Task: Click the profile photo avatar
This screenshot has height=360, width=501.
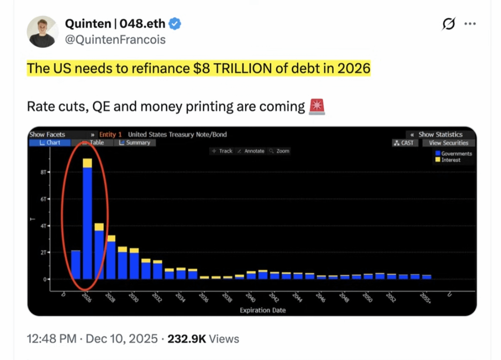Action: (x=42, y=32)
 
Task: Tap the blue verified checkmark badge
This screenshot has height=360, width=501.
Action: (x=175, y=23)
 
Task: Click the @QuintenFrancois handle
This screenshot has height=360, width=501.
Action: (x=115, y=40)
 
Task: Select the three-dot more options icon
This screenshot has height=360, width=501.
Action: (x=470, y=23)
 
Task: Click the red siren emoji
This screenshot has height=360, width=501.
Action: (x=317, y=106)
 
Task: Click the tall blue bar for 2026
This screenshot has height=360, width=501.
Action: (x=87, y=223)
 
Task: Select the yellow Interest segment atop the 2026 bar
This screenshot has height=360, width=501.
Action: (x=87, y=163)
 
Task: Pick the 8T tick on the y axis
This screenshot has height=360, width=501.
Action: (x=44, y=172)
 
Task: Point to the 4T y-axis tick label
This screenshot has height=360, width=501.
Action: (x=44, y=226)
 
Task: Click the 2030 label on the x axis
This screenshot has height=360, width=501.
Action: (x=134, y=298)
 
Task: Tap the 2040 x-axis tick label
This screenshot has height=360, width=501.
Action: (x=250, y=298)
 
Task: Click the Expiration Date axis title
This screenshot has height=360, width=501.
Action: (x=262, y=310)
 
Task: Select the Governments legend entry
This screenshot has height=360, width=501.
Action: (x=453, y=153)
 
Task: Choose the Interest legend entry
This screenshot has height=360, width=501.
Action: (x=448, y=160)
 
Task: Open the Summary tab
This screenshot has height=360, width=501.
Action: (x=135, y=142)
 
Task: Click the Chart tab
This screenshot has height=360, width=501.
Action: (x=50, y=142)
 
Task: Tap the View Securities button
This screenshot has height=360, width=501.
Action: (x=449, y=143)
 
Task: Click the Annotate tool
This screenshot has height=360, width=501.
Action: (x=251, y=151)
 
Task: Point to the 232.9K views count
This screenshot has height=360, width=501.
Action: (x=187, y=339)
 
